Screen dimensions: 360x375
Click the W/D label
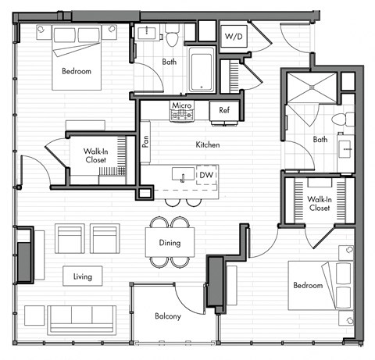coord(233,37)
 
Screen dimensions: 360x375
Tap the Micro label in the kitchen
coord(181,105)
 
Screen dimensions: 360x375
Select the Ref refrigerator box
coord(223,110)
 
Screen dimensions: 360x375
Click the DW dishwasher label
coord(206,175)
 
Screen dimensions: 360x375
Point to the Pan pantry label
coord(145,141)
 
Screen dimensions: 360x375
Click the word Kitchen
coord(207,145)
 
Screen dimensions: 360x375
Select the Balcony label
coord(168,316)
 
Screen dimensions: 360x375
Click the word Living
coord(82,276)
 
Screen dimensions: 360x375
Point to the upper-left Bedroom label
coord(76,72)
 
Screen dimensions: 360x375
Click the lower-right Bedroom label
coord(308,285)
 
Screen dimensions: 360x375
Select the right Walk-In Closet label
coord(319,205)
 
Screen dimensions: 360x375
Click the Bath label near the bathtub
coord(169,61)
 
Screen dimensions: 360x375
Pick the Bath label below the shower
coord(320,140)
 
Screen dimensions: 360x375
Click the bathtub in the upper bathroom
coord(202,69)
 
